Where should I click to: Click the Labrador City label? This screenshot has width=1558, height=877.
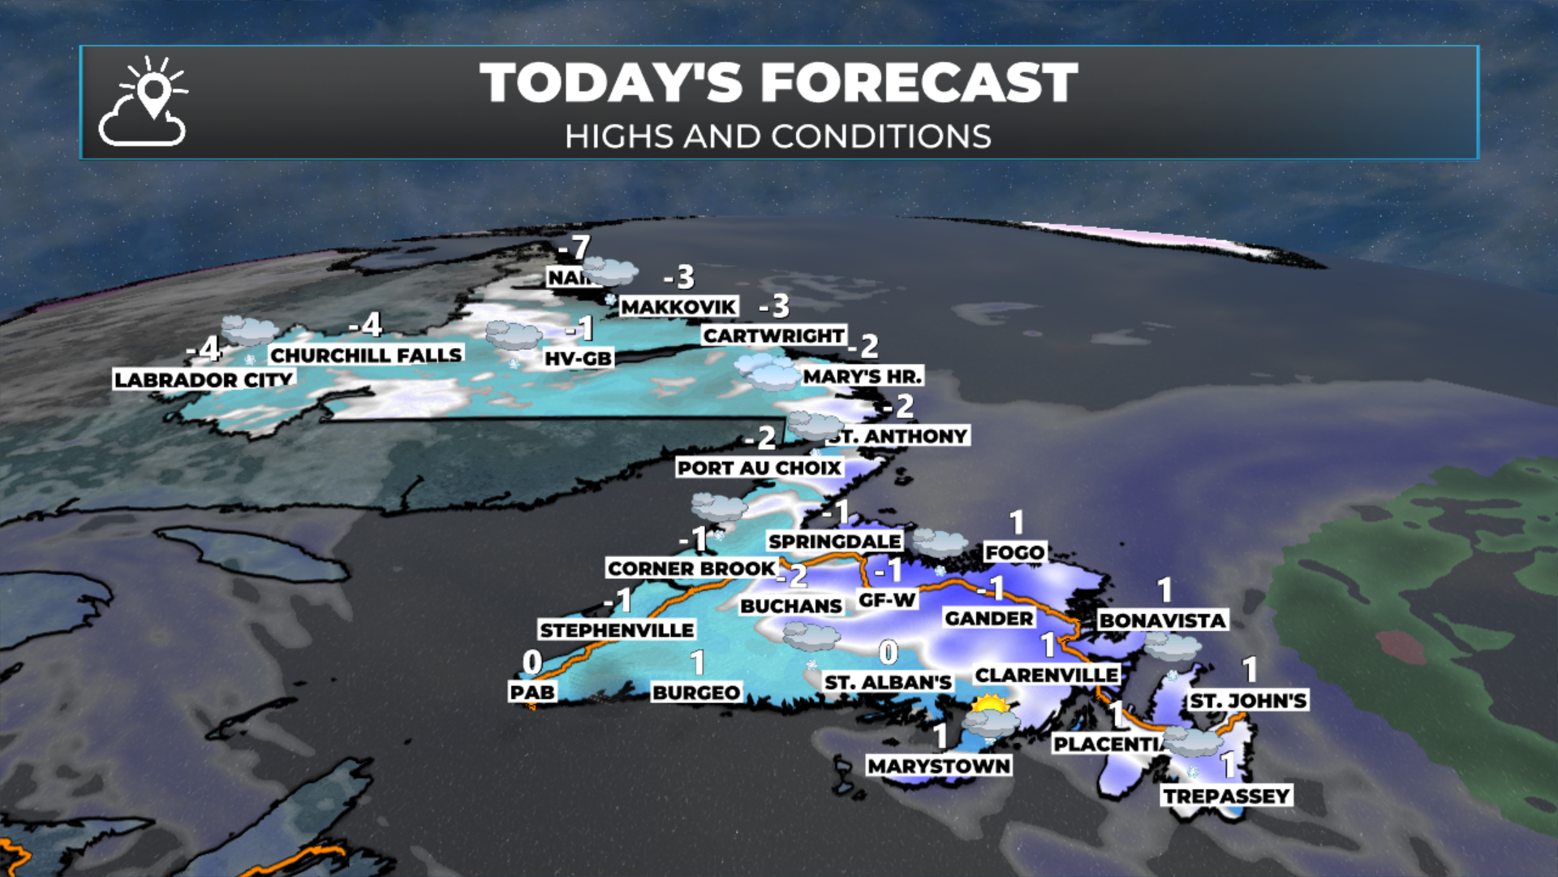(203, 379)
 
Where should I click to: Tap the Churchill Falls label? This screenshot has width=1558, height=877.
(366, 355)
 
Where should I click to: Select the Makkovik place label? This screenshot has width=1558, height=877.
(678, 307)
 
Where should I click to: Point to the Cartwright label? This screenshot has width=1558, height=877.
(773, 335)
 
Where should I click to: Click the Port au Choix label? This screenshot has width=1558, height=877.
(760, 468)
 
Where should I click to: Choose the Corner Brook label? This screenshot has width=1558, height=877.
(691, 568)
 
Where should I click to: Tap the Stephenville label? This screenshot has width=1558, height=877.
(617, 630)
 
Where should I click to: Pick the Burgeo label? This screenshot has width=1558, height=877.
(696, 693)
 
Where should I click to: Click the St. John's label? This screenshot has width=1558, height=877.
(1248, 701)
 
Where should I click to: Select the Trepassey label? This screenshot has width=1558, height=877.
(1226, 796)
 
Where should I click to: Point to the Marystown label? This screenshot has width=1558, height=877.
(939, 766)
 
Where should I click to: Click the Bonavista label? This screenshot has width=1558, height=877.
(1162, 620)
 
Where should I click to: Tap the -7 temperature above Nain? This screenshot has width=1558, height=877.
(575, 248)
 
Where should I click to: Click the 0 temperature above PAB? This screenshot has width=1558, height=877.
(532, 663)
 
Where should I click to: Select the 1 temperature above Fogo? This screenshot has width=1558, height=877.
(1017, 522)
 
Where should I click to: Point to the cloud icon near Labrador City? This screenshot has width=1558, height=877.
(248, 330)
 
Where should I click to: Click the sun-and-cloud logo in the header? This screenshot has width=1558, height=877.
(144, 102)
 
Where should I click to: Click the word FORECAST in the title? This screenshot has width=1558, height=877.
(919, 83)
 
